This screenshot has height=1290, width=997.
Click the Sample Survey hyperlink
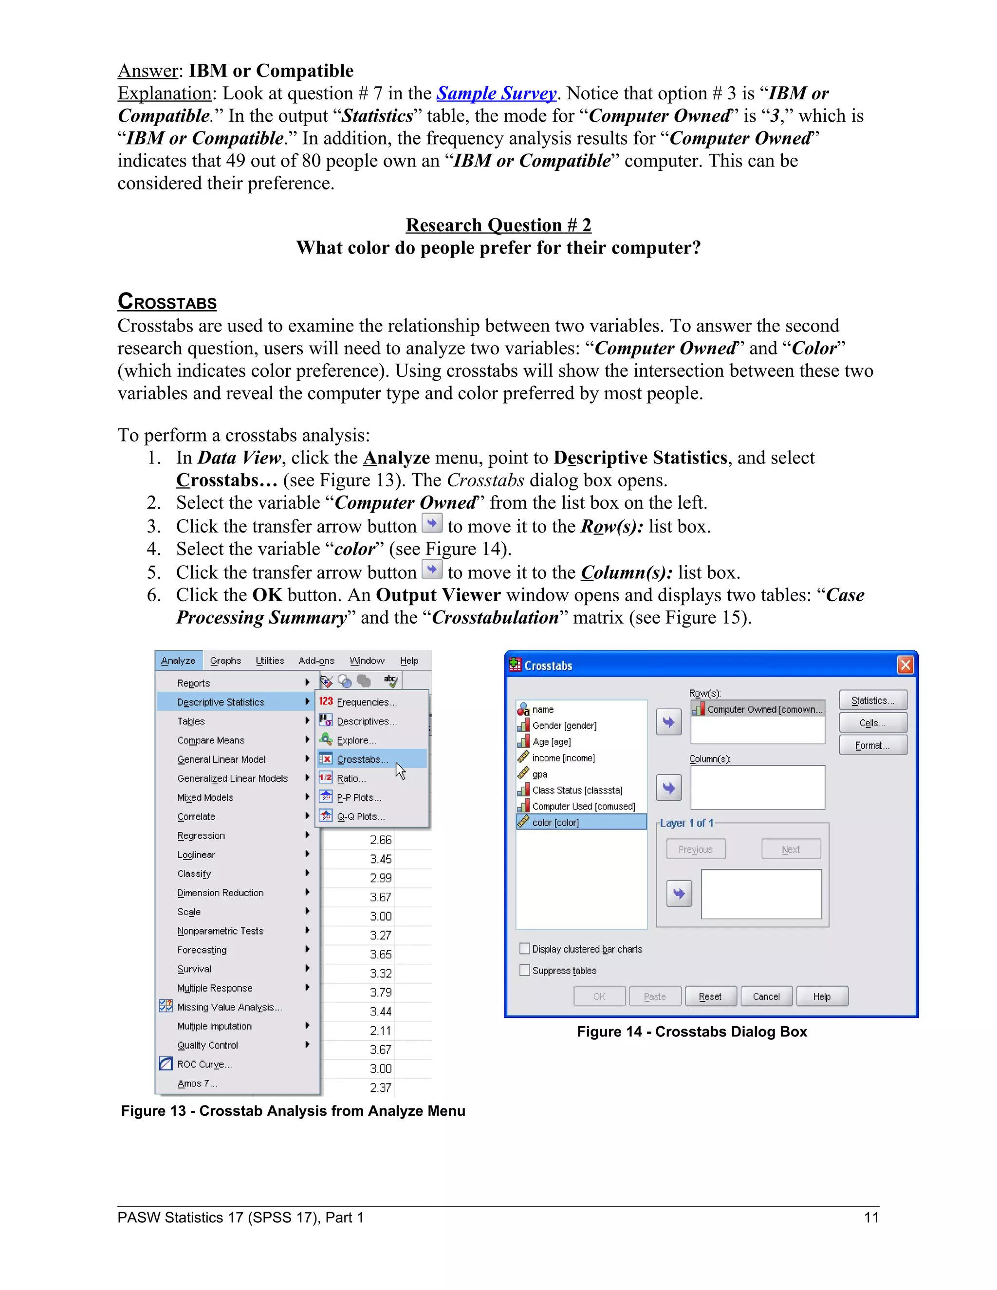496,93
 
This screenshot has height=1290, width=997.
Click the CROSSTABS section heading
167,302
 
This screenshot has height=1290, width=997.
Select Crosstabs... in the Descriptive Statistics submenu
362,759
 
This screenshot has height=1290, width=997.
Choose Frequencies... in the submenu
366,701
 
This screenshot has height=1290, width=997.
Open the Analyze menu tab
178,661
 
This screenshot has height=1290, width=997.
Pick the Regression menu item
201,835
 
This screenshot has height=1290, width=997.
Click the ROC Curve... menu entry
204,1064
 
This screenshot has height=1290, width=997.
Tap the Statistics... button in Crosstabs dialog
872,700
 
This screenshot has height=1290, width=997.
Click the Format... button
872,745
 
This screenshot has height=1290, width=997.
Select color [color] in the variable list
555,822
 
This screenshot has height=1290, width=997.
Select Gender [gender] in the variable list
564,725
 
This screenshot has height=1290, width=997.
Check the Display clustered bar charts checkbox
524,949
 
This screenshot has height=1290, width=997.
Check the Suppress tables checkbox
524,970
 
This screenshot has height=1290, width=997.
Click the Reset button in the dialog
710,996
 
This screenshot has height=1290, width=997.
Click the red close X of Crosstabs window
905,665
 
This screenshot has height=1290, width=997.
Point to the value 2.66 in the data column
380,840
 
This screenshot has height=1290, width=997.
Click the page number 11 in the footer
871,1217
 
